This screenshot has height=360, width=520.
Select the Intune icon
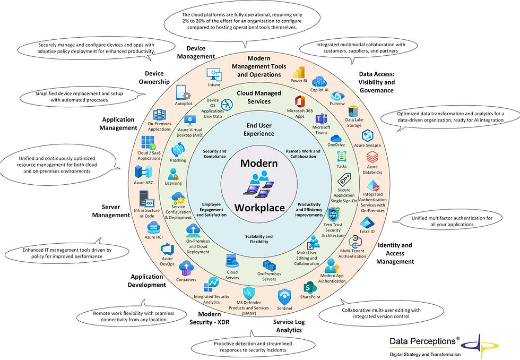tap(214, 75)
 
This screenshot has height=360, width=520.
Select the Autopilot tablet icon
tap(183, 93)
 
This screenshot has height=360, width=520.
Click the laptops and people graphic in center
tap(259, 184)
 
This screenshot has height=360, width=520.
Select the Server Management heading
tap(111, 211)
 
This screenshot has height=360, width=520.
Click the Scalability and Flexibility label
tap(259, 239)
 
